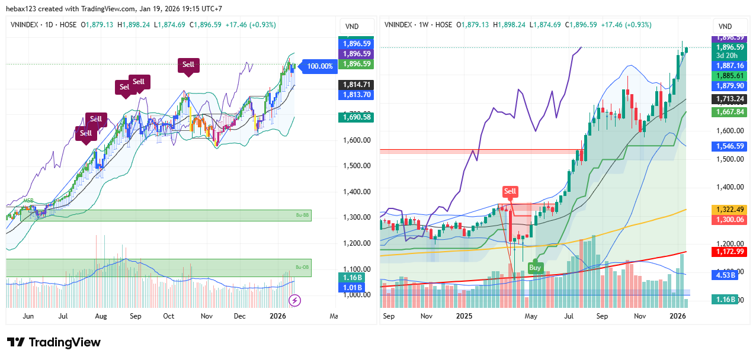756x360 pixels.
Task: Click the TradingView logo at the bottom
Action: [x=53, y=342]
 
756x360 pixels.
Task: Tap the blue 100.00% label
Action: [x=319, y=66]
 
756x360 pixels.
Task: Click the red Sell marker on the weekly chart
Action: [x=510, y=191]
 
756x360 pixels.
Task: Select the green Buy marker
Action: [x=535, y=267]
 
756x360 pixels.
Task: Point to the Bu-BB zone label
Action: [x=303, y=216]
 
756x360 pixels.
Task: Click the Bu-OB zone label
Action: [x=303, y=267]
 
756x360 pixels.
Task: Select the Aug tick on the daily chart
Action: [x=101, y=317]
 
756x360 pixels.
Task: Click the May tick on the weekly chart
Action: [x=531, y=317]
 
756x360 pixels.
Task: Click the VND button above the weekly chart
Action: [x=725, y=27]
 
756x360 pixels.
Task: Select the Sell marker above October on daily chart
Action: [x=188, y=65]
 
